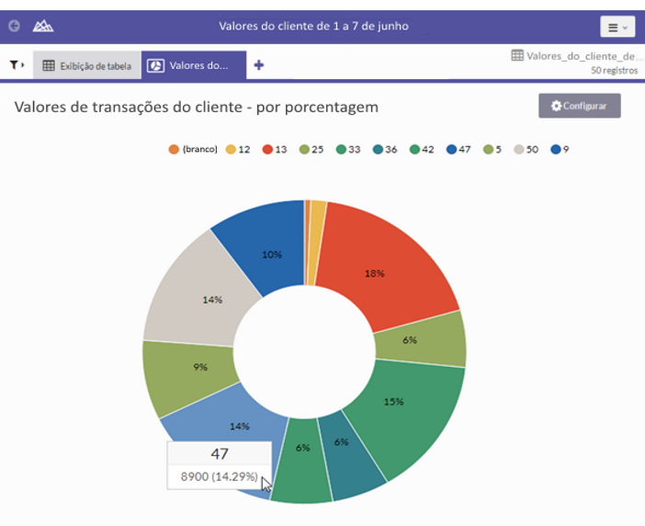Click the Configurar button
pos(579,106)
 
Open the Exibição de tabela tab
pos(87,65)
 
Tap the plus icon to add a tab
pos(259,65)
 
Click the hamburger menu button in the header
pos(617,27)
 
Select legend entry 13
pos(275,149)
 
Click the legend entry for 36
pos(385,149)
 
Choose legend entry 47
pos(458,149)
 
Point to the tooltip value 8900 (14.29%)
pos(218,477)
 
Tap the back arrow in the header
pos(14,26)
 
